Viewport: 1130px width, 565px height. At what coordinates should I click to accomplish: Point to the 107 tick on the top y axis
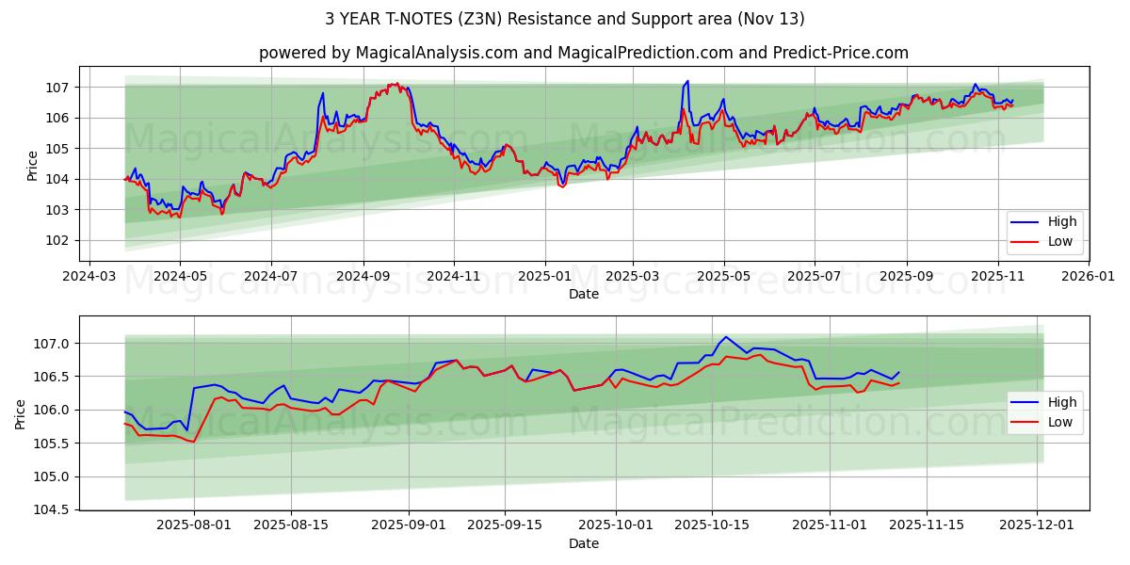(x=58, y=88)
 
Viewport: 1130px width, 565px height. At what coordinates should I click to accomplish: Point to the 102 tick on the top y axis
(x=58, y=240)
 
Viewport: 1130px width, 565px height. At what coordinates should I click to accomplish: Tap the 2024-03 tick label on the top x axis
(x=89, y=277)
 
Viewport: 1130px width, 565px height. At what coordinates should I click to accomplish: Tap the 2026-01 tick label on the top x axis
(x=1089, y=277)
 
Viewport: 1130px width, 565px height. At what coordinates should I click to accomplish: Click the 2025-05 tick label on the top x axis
(x=723, y=277)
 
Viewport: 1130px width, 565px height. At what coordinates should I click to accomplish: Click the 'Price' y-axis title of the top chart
(x=33, y=165)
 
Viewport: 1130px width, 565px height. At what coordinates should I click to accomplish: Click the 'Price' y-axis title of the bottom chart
(x=21, y=413)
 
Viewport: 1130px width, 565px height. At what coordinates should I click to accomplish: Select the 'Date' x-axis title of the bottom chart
(x=584, y=544)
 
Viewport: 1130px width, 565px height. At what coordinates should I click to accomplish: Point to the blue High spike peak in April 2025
(x=687, y=81)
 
